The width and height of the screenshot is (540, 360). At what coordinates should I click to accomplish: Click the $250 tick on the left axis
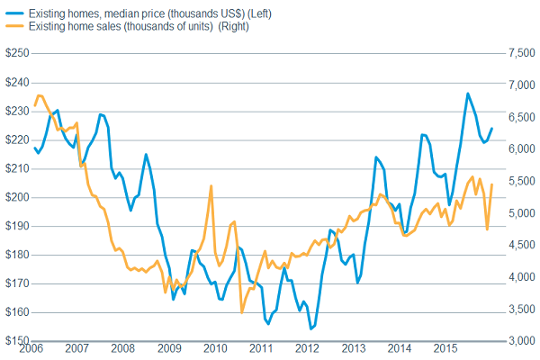[x=16, y=54]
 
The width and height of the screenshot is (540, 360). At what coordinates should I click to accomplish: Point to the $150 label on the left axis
[x=16, y=341]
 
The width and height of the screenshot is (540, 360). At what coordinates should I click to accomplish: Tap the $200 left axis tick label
[x=16, y=197]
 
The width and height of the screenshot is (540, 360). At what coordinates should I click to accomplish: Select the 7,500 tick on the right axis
[x=522, y=54]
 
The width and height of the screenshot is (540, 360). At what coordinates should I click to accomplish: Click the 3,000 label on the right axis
[x=522, y=341]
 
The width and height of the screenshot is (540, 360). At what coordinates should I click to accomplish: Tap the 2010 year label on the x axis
[x=214, y=349]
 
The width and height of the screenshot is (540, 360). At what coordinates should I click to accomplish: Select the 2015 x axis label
[x=444, y=349]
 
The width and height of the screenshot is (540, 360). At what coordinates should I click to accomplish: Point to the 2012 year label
[x=306, y=349]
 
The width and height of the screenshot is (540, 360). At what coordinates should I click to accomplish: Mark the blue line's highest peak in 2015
[x=468, y=94]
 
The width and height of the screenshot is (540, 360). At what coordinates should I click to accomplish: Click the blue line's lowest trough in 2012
[x=311, y=329]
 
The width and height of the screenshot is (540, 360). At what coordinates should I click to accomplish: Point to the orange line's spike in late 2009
[x=211, y=186]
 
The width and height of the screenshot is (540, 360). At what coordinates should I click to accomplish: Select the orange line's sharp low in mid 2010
[x=242, y=312]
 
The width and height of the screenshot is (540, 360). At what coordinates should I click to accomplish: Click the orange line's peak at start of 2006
[x=39, y=95]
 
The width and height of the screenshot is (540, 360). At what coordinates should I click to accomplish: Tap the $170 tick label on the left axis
[x=16, y=283]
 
